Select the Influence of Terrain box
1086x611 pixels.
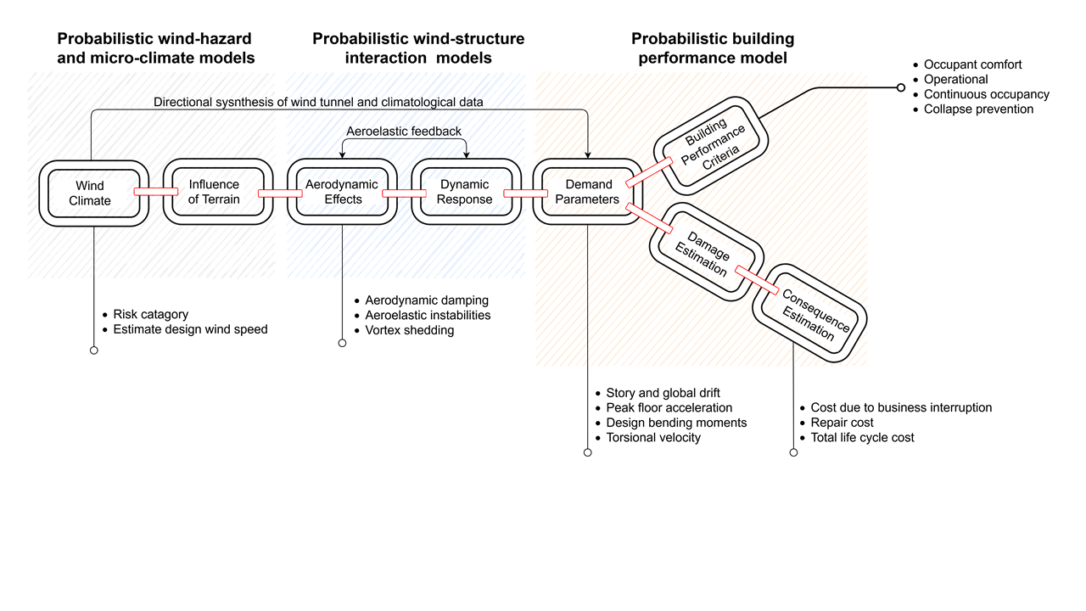(x=214, y=192)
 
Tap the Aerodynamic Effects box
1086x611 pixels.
(x=343, y=192)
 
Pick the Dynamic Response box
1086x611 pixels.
(x=465, y=192)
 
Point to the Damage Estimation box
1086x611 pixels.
(x=702, y=250)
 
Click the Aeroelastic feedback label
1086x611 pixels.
(x=404, y=132)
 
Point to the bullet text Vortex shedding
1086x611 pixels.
(x=409, y=330)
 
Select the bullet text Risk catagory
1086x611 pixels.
(x=150, y=314)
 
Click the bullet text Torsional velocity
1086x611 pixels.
(x=653, y=438)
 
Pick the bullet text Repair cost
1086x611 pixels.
(x=842, y=423)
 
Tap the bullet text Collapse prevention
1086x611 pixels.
(x=978, y=109)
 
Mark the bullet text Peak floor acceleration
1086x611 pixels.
(x=669, y=408)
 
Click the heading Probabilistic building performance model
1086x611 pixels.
(x=713, y=48)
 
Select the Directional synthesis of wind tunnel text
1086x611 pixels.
(x=318, y=103)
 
